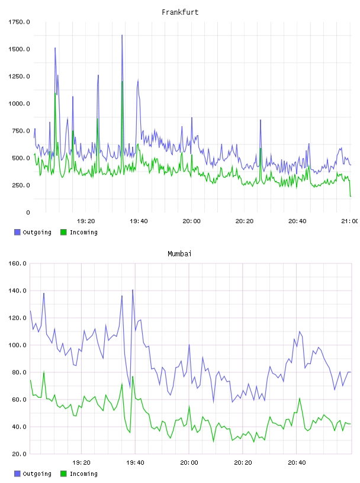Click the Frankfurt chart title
coord(180,12)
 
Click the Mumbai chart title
coord(179,254)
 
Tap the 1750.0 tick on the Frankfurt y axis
coord(19,22)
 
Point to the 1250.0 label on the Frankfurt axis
coord(19,76)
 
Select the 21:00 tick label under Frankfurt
coord(349,221)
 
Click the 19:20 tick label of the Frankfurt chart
coord(86,221)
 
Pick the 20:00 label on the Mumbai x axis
coord(189,463)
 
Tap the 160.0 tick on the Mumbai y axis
coord(17,263)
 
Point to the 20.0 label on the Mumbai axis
coord(19,454)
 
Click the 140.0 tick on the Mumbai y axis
coord(17,291)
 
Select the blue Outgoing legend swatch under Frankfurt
coord(17,232)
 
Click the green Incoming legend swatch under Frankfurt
coord(63,232)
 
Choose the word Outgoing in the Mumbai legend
coord(37,474)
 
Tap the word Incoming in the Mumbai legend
coord(83,474)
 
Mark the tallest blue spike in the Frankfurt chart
coord(122,35)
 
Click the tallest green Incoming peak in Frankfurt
coord(122,82)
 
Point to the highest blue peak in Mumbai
coord(133,290)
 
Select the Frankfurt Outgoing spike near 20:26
coord(261,120)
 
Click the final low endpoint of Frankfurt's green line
coord(351,197)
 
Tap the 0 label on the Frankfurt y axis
coord(28,212)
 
